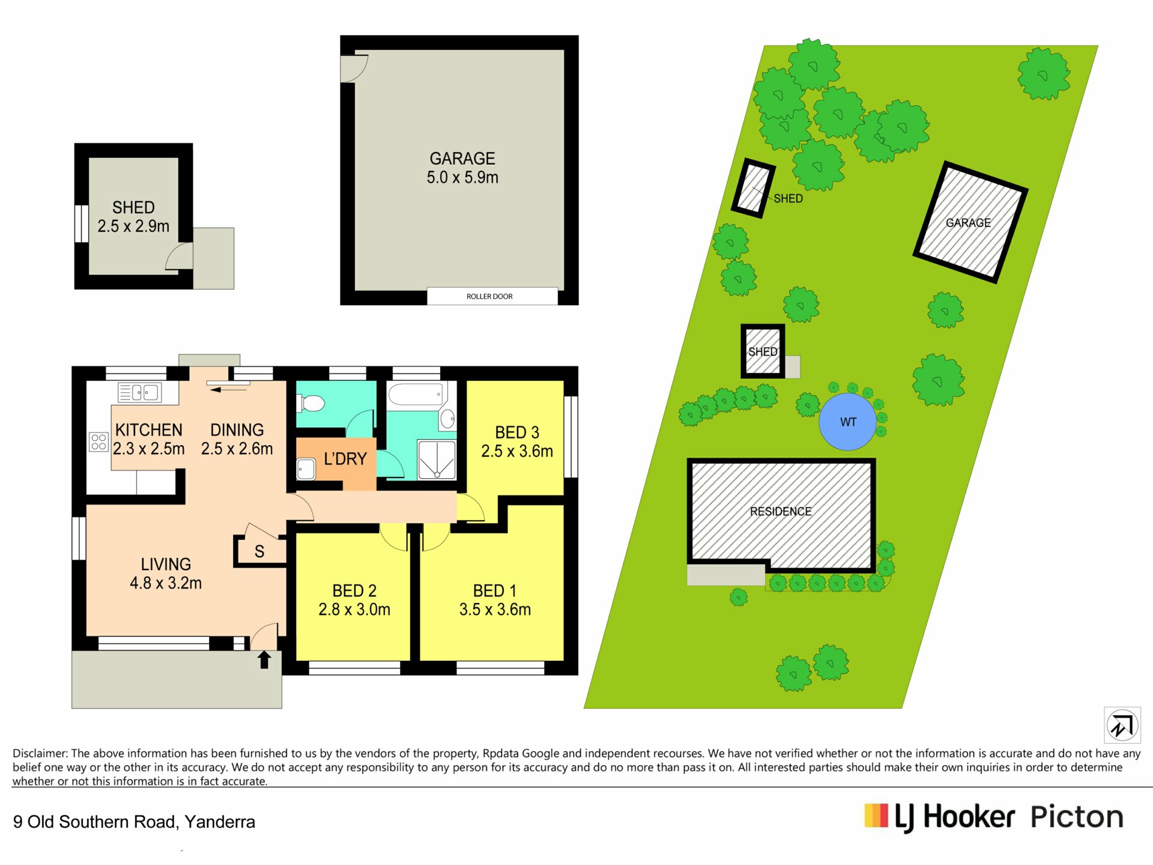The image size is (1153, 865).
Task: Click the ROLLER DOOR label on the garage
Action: tap(489, 296)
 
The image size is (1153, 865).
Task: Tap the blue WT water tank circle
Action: tap(847, 422)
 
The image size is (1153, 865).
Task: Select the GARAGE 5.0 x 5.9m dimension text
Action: tap(462, 178)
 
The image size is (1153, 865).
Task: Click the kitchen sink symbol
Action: tap(140, 393)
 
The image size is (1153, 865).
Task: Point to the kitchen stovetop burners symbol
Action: tap(98, 442)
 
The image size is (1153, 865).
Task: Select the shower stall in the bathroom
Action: tap(437, 460)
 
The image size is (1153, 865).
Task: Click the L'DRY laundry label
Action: tap(345, 459)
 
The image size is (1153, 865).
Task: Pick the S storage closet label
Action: tap(259, 551)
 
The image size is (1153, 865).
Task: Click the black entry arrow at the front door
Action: tap(264, 660)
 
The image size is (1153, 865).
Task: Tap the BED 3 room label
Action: tap(517, 432)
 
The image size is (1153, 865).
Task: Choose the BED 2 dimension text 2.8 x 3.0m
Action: tap(354, 610)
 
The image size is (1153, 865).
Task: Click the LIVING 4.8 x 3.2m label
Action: tap(166, 574)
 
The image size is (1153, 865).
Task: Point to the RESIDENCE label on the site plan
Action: tap(781, 511)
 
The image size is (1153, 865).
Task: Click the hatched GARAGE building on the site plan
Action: tap(969, 222)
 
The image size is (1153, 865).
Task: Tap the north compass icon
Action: tap(1122, 726)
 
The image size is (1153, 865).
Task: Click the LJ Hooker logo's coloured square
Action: tap(876, 816)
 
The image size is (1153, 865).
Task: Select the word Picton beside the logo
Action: tap(1077, 817)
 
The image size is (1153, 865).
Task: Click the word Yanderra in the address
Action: tap(220, 822)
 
